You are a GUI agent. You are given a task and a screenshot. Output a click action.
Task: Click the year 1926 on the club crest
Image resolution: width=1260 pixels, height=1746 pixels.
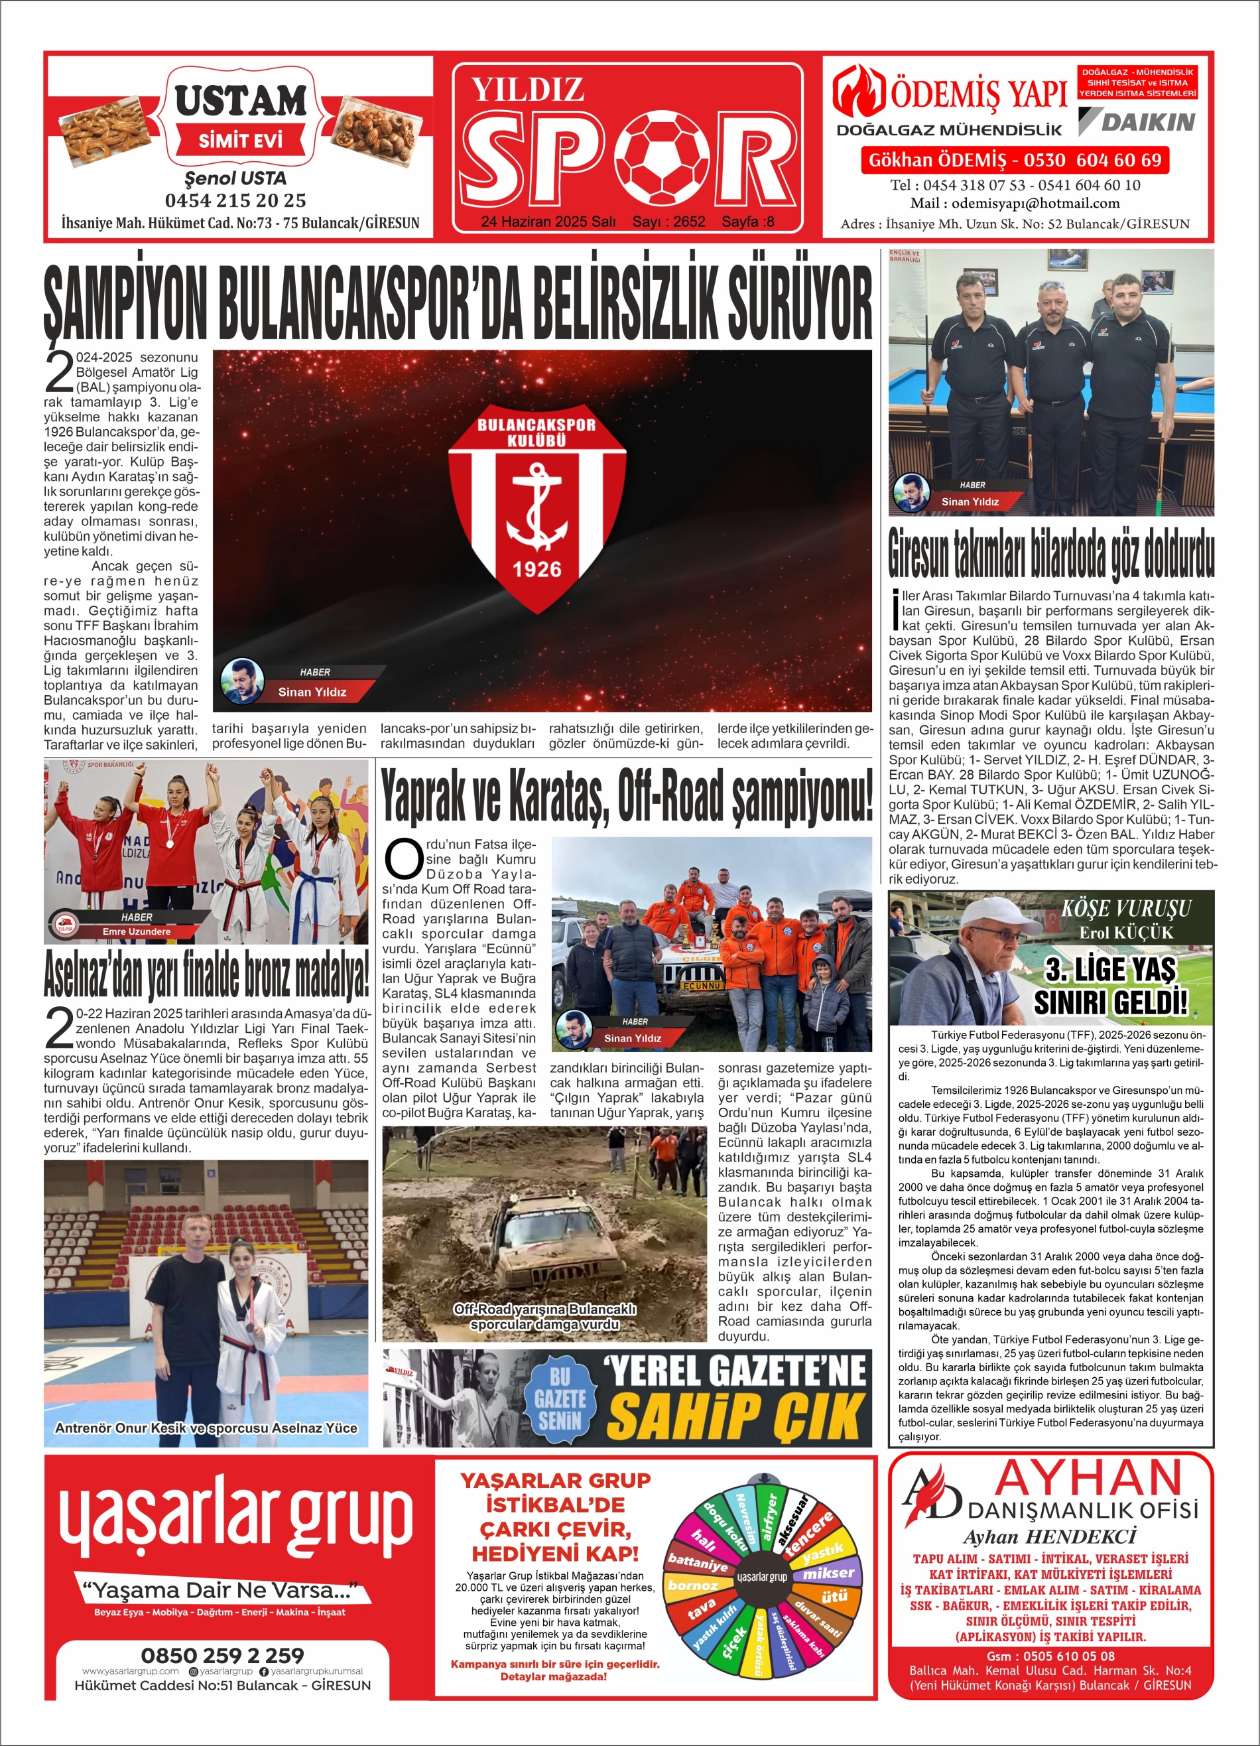(x=536, y=570)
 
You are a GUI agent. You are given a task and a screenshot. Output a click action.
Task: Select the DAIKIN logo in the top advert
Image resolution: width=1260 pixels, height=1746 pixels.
(x=1137, y=121)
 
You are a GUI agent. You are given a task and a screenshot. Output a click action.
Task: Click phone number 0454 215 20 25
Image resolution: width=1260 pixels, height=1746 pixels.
(x=235, y=200)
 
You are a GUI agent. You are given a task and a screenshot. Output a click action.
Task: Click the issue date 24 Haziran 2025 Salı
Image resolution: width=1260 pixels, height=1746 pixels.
(x=547, y=222)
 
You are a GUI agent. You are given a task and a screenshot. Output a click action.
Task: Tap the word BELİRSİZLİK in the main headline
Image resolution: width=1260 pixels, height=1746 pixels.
(x=627, y=302)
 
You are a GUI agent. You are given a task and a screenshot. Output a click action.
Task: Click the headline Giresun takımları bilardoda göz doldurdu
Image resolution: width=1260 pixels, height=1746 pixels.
(x=1050, y=553)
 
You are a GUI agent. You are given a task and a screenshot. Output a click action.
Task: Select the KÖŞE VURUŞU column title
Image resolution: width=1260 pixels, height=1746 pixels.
(x=1125, y=908)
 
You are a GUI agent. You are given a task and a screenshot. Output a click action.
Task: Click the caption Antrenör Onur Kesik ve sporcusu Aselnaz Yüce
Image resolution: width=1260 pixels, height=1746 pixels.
(x=206, y=1428)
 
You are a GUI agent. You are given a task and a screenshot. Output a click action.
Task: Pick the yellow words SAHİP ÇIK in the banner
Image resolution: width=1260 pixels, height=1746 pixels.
(x=735, y=1415)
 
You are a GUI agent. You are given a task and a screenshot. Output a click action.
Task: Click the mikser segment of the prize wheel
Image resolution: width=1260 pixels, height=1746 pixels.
(x=828, y=1574)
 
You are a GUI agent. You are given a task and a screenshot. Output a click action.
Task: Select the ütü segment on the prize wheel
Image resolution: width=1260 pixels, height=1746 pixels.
(x=834, y=1596)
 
